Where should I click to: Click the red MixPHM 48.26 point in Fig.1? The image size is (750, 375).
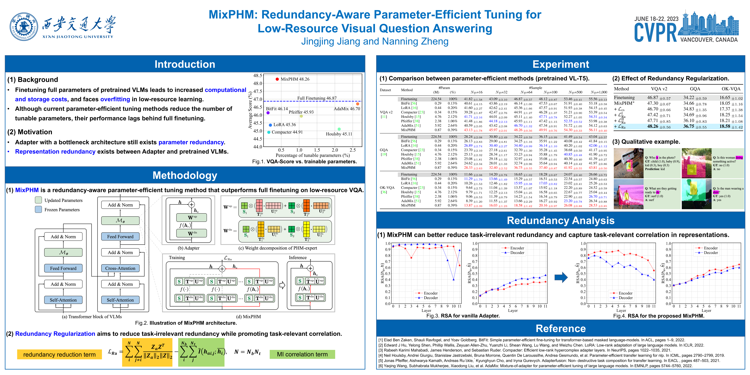tap(277, 79)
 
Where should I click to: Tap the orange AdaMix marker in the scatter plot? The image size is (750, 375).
tap(358, 104)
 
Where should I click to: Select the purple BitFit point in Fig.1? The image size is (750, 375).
tap(268, 113)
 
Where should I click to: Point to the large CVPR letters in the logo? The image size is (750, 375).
tap(655, 33)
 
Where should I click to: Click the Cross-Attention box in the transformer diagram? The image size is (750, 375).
tap(120, 268)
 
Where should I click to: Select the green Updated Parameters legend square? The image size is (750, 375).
tap(38, 200)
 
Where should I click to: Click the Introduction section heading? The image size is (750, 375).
tap(185, 64)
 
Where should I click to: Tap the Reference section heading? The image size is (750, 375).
tap(560, 328)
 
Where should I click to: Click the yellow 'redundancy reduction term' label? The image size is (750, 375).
tap(59, 354)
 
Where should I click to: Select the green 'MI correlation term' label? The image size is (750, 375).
tap(302, 354)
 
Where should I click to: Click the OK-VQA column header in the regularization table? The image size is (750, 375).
tap(731, 89)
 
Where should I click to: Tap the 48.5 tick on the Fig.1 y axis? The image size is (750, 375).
tap(258, 75)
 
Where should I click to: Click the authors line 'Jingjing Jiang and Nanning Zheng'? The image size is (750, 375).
tap(375, 41)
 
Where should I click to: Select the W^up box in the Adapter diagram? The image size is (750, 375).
tap(192, 217)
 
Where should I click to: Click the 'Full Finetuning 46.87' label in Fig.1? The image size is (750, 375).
tap(317, 98)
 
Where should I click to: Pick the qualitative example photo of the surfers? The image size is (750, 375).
tap(628, 194)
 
